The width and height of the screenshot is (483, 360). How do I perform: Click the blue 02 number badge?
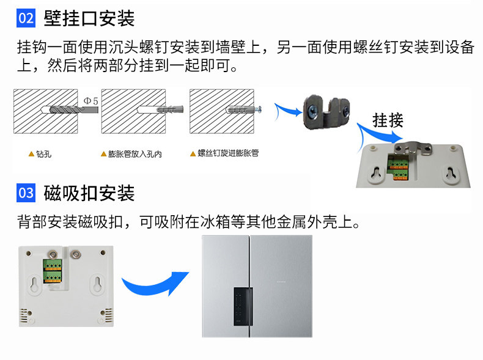point(26,18)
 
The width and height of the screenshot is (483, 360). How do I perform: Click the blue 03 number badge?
point(26,193)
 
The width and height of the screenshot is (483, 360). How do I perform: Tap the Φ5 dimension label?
point(91,101)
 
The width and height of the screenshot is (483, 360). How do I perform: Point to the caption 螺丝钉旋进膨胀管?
point(228,153)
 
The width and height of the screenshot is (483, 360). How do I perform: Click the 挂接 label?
point(388,120)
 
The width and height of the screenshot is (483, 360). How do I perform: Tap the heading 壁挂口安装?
point(89,18)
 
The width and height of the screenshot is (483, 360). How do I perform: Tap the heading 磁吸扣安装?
point(89,193)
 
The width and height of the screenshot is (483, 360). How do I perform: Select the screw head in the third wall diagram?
point(259,109)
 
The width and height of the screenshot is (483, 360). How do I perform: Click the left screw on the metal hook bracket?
point(314,111)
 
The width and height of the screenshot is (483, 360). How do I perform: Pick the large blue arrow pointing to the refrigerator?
point(154,283)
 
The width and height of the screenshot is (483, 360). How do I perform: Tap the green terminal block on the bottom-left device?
point(53,271)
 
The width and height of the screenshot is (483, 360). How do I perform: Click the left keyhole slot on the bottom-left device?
point(35,284)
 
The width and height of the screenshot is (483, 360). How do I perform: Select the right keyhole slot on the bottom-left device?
point(98,284)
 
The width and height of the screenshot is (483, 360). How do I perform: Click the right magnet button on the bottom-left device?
point(75,254)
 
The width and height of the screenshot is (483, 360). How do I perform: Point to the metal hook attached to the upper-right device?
point(413,148)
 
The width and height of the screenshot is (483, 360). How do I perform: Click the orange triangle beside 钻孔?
point(31,153)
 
